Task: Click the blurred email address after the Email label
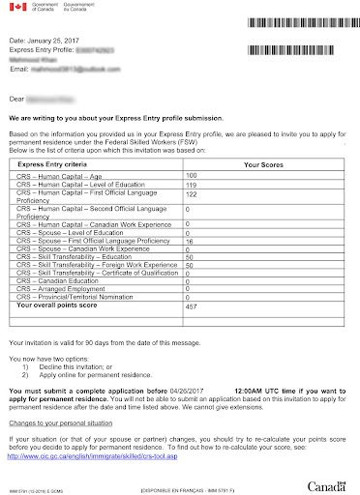pyautogui.click(x=69, y=68)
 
